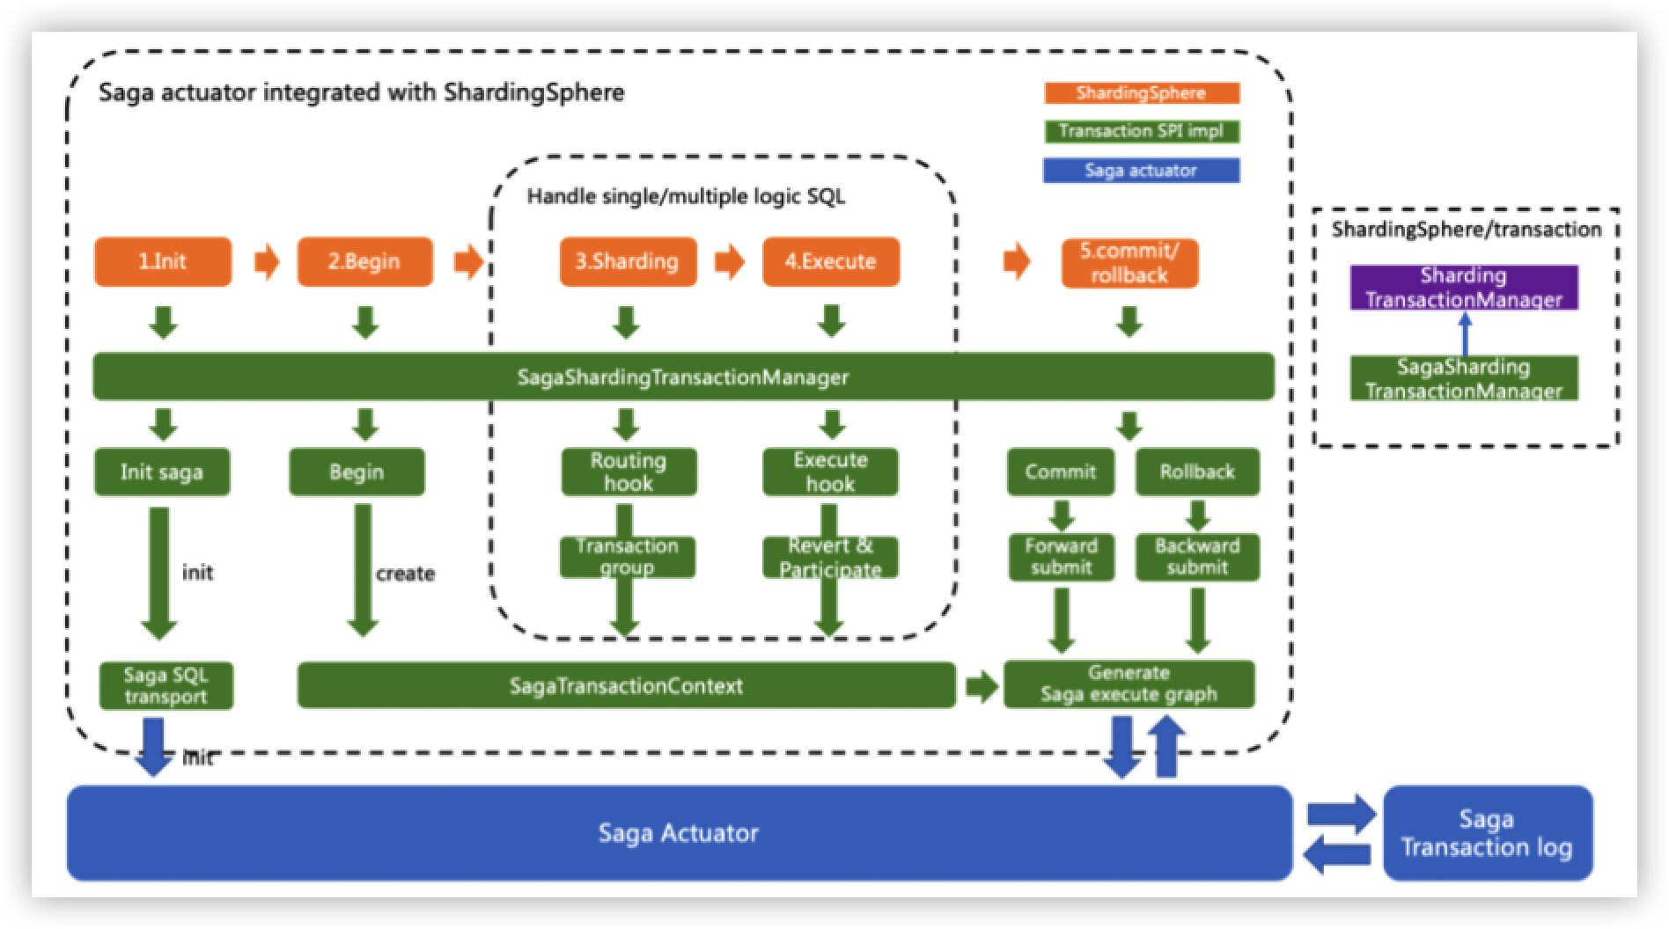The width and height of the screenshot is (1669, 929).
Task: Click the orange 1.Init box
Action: (163, 261)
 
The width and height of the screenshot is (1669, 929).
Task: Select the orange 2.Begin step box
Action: (364, 261)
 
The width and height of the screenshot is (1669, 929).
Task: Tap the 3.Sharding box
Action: (627, 261)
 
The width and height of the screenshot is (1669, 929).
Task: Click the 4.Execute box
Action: (830, 261)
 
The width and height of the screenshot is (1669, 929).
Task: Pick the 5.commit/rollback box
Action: (1129, 262)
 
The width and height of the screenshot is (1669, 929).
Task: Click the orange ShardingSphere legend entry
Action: (1141, 93)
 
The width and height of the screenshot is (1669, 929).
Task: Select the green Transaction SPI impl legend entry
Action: (1141, 131)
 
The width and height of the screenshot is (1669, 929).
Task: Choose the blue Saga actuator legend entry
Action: (1141, 170)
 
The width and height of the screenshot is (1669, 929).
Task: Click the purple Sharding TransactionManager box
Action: (1463, 288)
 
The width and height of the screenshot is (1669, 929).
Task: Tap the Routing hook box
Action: (629, 472)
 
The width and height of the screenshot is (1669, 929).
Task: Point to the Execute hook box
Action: (830, 472)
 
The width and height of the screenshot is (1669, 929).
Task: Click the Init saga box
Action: (162, 472)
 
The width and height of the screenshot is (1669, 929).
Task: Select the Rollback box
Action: (1196, 472)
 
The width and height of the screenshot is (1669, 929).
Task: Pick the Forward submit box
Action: (1061, 556)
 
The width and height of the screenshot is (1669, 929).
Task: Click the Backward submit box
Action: (1196, 556)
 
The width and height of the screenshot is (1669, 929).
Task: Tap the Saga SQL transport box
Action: (165, 685)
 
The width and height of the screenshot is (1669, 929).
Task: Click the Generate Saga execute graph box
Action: (1129, 684)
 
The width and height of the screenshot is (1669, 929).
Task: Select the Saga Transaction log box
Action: (1487, 832)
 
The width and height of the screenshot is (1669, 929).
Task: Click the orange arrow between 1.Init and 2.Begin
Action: (266, 261)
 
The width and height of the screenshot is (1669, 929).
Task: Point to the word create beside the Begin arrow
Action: (405, 574)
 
